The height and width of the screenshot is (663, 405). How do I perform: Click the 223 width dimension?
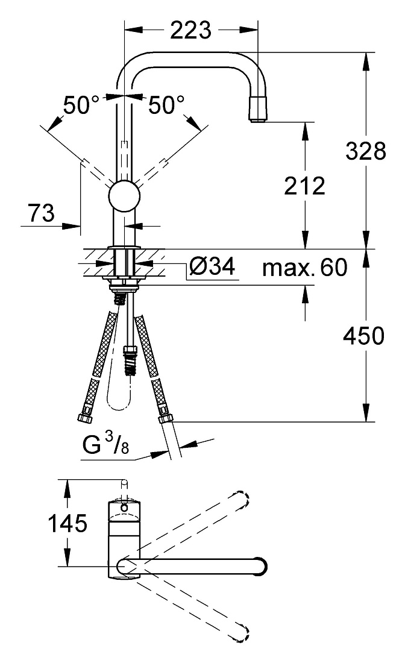point(190,30)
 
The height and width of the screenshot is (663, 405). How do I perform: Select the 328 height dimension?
point(366,151)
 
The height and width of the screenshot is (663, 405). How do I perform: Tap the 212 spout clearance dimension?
point(304,186)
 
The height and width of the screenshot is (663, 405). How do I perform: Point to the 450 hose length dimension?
point(363,336)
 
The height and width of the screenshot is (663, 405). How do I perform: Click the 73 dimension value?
point(42,213)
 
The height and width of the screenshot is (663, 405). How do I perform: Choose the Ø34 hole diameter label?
point(212,266)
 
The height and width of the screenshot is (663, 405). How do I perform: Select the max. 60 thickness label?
point(304,267)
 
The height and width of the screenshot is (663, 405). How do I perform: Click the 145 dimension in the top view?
point(67,523)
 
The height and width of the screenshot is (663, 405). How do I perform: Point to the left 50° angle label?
point(81,105)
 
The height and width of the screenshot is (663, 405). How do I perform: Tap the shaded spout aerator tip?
point(259,108)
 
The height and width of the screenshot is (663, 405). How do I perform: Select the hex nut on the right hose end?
point(166,419)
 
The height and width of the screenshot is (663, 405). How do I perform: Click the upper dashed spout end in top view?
point(240,500)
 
